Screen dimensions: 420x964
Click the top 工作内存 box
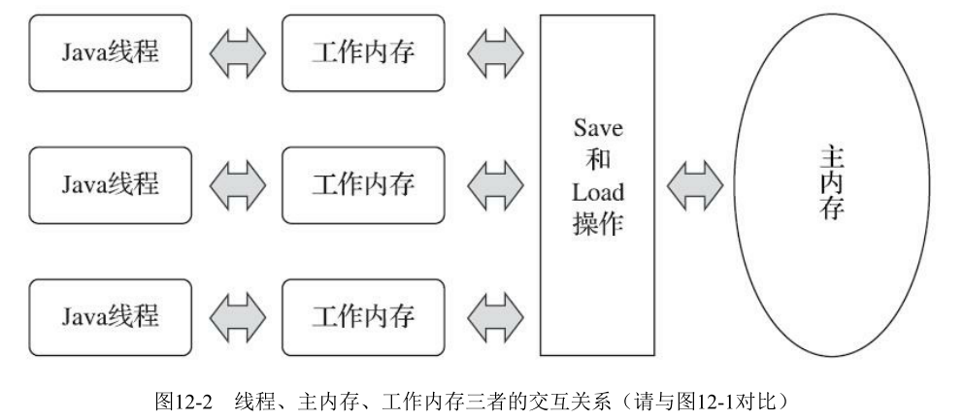tap(363, 51)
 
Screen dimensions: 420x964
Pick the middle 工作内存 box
tap(363, 182)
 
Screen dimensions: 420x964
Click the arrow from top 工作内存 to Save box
tap(494, 51)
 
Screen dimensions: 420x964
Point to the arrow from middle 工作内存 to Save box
tap(494, 182)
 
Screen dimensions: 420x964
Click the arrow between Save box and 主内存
tap(695, 182)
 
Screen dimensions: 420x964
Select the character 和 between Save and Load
tap(598, 161)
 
